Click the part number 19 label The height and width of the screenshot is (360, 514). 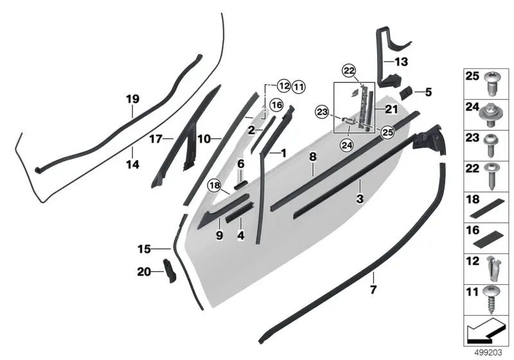(x=132, y=99)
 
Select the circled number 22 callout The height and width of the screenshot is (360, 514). (x=348, y=70)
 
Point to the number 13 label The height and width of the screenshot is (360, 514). (x=401, y=62)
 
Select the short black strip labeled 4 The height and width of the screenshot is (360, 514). (x=242, y=210)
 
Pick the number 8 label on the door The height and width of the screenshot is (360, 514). (x=313, y=156)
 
